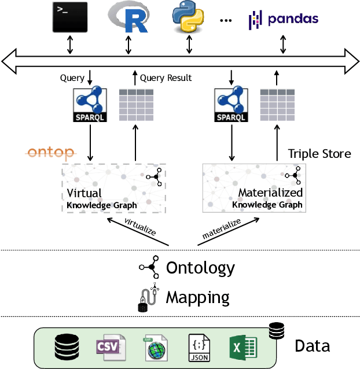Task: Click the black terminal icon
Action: click(70, 17)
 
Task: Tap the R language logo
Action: click(128, 17)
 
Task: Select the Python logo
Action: click(188, 17)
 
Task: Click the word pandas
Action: click(293, 19)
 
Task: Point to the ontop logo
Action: click(50, 153)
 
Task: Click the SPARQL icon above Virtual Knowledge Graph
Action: click(90, 104)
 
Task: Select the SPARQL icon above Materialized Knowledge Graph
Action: click(231, 104)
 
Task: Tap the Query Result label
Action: click(166, 78)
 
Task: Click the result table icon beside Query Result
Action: click(137, 105)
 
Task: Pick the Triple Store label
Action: click(319, 154)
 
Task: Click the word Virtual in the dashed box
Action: click(84, 193)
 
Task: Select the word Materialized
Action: click(270, 193)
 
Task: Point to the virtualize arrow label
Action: click(140, 227)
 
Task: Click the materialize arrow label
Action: click(222, 228)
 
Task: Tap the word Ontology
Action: click(200, 268)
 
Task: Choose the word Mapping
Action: click(197, 298)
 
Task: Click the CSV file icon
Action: click(111, 348)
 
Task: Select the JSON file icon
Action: click(199, 348)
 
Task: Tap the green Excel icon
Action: click(243, 348)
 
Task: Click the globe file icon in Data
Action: click(156, 348)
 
